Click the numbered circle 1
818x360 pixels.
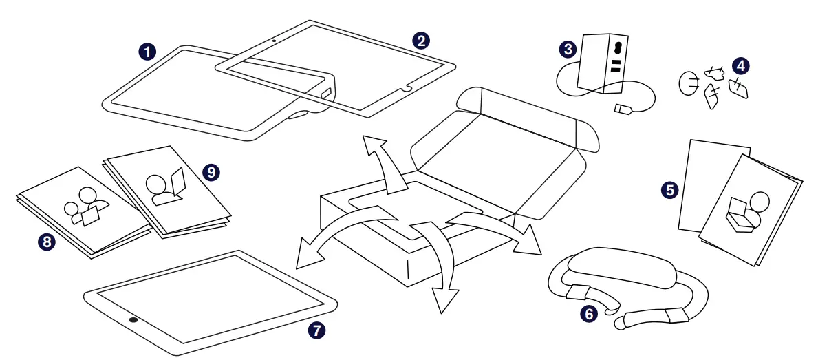147,52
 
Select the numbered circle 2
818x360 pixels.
420,40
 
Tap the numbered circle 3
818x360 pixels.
568,49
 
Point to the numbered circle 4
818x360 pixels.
740,66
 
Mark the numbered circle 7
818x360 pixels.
316,330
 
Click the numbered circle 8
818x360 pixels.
47,241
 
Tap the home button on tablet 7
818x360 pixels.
132,321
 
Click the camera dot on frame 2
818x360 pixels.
275,41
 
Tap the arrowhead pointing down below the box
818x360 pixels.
444,297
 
